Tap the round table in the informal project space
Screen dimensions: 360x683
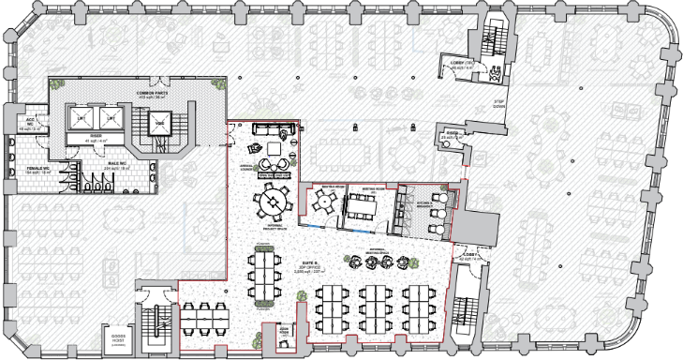pyautogui.click(x=274, y=199)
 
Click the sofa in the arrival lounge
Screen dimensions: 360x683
pyautogui.click(x=274, y=130)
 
